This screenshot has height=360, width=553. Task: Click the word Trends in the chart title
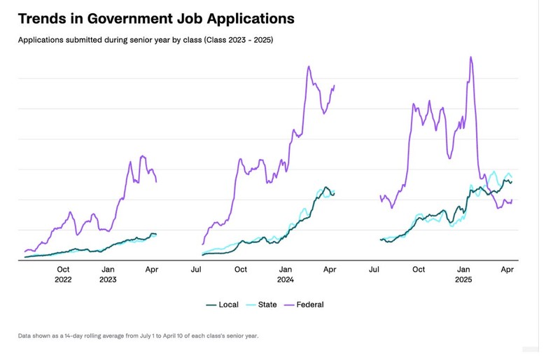[43, 18]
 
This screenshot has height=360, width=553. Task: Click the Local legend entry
[228, 305]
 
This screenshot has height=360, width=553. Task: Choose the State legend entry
[267, 305]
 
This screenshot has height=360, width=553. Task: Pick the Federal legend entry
[310, 305]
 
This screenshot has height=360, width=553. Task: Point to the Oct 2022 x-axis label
[63, 274]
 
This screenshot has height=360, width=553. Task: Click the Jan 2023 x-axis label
[108, 274]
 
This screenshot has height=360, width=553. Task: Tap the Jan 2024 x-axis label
[285, 274]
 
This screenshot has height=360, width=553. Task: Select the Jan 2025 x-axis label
[463, 274]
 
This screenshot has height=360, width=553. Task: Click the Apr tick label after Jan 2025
[509, 269]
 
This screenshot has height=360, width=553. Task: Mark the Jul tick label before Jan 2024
[197, 269]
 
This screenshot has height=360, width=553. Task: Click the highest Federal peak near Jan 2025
[470, 57]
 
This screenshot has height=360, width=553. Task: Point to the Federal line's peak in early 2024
[308, 67]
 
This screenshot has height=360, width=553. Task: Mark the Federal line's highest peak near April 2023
[142, 156]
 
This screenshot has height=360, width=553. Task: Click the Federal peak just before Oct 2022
[70, 212]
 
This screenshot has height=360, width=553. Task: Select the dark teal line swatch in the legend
[211, 305]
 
